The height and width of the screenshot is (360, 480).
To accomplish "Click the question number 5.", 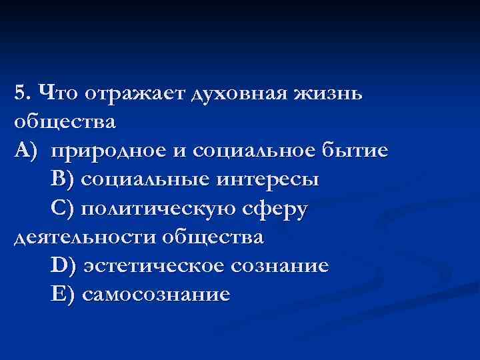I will coord(21,93).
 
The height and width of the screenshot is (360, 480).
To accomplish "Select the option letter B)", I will coord(63,180).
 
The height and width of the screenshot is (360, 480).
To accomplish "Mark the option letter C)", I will coord(64,209).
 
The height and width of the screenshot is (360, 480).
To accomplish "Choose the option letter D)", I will coord(64,266).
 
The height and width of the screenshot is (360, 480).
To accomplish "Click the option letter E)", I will coord(63,295).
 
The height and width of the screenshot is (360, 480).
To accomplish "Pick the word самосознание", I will coord(156,295).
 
